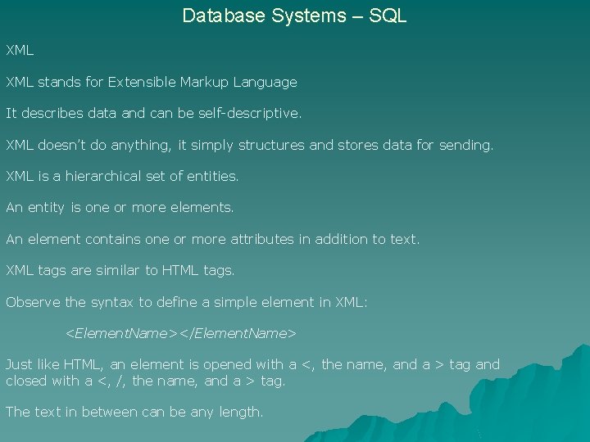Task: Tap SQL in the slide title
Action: (x=388, y=16)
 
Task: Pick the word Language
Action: (x=265, y=82)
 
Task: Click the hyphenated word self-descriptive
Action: (x=248, y=113)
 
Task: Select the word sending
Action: (x=466, y=145)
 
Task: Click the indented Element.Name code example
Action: (x=180, y=333)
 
